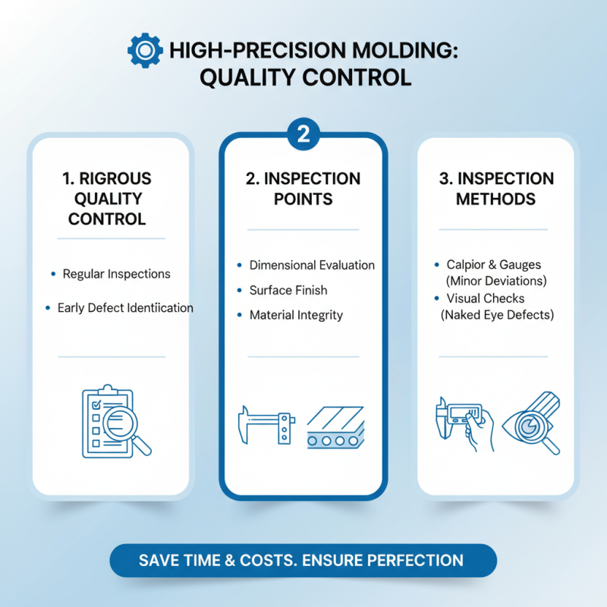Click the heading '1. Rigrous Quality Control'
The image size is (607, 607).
click(x=107, y=199)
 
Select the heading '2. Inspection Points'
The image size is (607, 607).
click(x=303, y=189)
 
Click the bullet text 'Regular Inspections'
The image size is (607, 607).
click(x=116, y=274)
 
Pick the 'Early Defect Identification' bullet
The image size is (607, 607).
click(x=125, y=308)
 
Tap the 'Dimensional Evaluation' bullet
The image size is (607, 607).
click(x=312, y=266)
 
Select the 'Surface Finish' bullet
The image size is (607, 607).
click(x=288, y=291)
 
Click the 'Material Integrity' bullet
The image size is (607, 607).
click(x=296, y=315)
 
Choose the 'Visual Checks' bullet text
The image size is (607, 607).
click(x=486, y=298)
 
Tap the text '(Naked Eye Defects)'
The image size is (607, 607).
click(x=496, y=315)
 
